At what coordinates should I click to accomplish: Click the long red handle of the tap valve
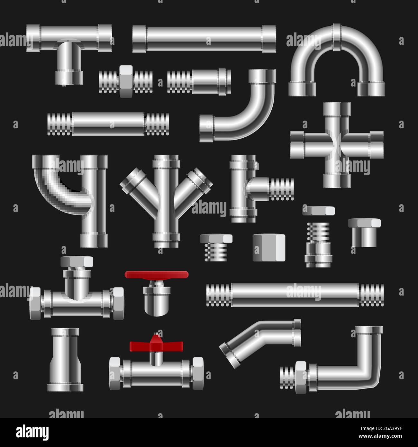click(157, 274)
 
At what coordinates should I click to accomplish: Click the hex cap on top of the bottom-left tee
click(77, 261)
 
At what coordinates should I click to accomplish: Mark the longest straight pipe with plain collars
click(204, 39)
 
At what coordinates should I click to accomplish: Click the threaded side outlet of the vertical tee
click(281, 189)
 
